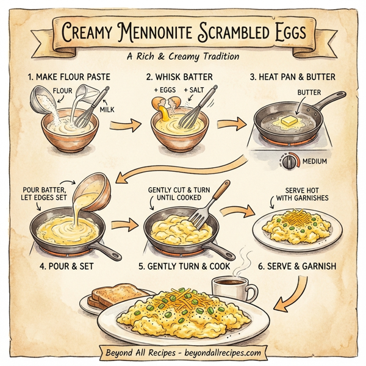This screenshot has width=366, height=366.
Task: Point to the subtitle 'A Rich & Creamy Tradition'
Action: click(183, 56)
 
